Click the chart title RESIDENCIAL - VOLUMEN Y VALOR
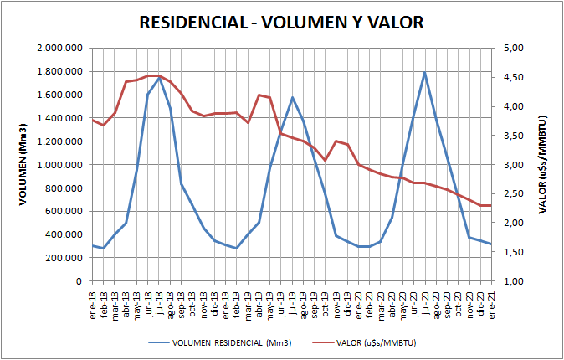click(x=281, y=23)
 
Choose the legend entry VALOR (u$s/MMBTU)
click(x=377, y=343)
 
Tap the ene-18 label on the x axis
click(x=92, y=299)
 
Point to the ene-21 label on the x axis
click(x=491, y=299)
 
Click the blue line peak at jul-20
click(x=425, y=72)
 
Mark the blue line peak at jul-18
click(x=159, y=78)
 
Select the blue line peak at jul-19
click(x=292, y=97)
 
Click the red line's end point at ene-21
click(x=491, y=205)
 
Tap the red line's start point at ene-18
click(x=92, y=120)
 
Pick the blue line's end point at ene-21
click(x=491, y=244)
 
